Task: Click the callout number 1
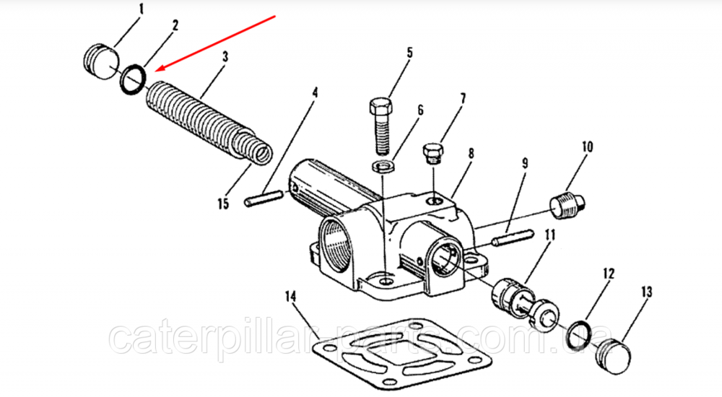141,10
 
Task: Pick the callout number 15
223,204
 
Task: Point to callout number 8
471,153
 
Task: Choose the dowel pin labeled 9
512,235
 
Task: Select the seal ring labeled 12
580,334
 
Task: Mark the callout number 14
291,295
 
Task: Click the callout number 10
586,147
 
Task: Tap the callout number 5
409,52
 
